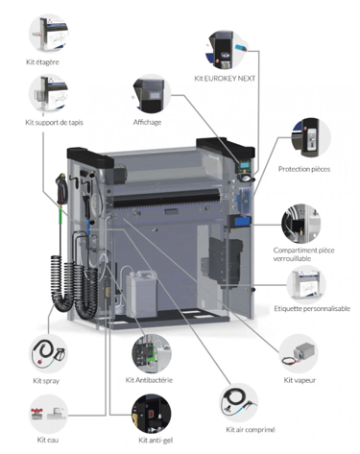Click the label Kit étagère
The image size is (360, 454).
[42, 62]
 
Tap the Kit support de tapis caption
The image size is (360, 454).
[54, 123]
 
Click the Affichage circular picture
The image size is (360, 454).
[152, 94]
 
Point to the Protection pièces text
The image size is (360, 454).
[304, 169]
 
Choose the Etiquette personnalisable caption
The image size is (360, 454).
[312, 309]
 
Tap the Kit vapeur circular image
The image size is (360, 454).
[299, 353]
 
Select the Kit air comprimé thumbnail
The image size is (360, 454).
[239, 402]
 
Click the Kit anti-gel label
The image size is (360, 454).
[156, 441]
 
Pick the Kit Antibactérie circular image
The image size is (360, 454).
[152, 353]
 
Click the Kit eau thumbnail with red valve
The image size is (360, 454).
[49, 414]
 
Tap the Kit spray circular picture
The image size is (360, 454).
[49, 353]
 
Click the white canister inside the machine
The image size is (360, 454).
[142, 293]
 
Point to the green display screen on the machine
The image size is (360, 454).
[244, 165]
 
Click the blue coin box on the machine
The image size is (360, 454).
[243, 221]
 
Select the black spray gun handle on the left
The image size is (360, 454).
[61, 188]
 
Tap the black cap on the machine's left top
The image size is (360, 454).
[90, 157]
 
